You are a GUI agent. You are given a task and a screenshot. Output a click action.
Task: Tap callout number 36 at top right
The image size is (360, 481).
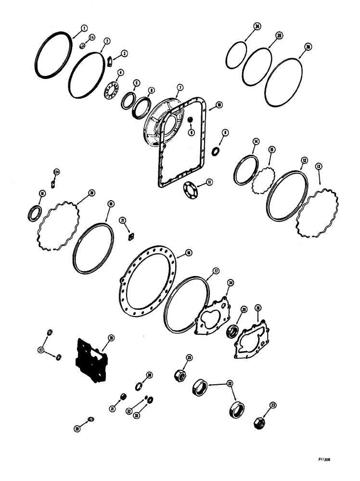[x=307, y=46]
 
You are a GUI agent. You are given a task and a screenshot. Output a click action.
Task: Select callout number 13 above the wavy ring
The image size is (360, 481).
[x=319, y=166]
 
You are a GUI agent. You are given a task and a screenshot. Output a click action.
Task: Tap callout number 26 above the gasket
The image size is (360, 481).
[x=258, y=307]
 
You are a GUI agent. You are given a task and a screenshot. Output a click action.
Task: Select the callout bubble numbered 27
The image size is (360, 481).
[x=41, y=351]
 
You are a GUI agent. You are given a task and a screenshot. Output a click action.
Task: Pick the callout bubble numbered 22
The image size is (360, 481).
[x=230, y=384]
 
